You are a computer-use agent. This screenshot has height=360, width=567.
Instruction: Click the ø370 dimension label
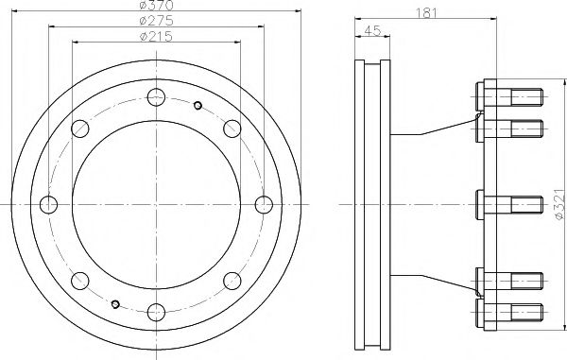(156, 5)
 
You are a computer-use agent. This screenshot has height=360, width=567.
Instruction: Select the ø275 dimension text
(156, 21)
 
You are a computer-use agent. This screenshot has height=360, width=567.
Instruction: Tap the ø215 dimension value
(156, 37)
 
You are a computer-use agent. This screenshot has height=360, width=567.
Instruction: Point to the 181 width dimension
(426, 13)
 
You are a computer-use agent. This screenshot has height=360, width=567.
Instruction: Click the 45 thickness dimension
(372, 31)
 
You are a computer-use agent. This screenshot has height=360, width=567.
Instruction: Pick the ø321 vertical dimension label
(559, 203)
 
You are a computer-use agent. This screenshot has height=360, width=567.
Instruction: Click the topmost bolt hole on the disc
(156, 97)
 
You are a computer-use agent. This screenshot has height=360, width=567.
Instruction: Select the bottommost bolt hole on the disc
(156, 313)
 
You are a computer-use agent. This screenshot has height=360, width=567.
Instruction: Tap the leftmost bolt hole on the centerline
(48, 205)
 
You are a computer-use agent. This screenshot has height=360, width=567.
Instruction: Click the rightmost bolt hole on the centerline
(264, 205)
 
